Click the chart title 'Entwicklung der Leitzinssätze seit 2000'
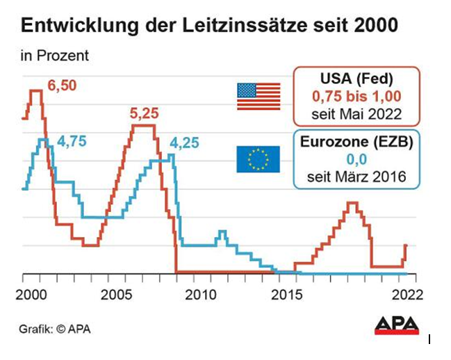(x=211, y=27)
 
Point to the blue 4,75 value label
(x=71, y=141)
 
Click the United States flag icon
(x=259, y=97)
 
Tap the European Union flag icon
(x=259, y=158)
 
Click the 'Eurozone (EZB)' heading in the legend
(x=356, y=142)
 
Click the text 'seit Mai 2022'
(x=356, y=114)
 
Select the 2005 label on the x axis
(x=114, y=294)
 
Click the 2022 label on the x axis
(x=404, y=294)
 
